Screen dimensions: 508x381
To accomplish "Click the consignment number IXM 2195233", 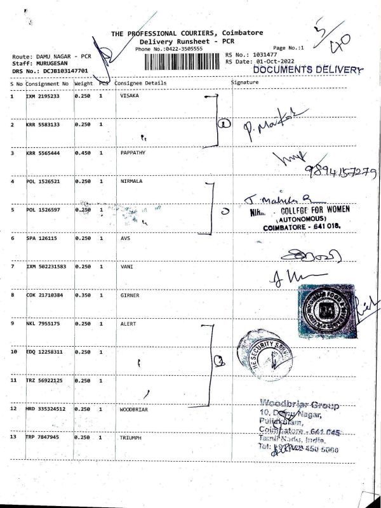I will click(x=43, y=96).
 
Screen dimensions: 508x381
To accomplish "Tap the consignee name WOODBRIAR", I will click(x=134, y=410).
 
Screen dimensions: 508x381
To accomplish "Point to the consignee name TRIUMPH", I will click(x=131, y=438).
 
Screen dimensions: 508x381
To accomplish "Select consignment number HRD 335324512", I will click(x=48, y=410).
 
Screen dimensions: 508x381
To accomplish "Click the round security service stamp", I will click(x=265, y=353).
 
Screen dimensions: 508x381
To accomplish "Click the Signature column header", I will click(x=244, y=83).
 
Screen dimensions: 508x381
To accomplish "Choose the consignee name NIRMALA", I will click(x=131, y=182).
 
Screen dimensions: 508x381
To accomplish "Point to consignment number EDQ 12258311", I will click(x=46, y=352).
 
